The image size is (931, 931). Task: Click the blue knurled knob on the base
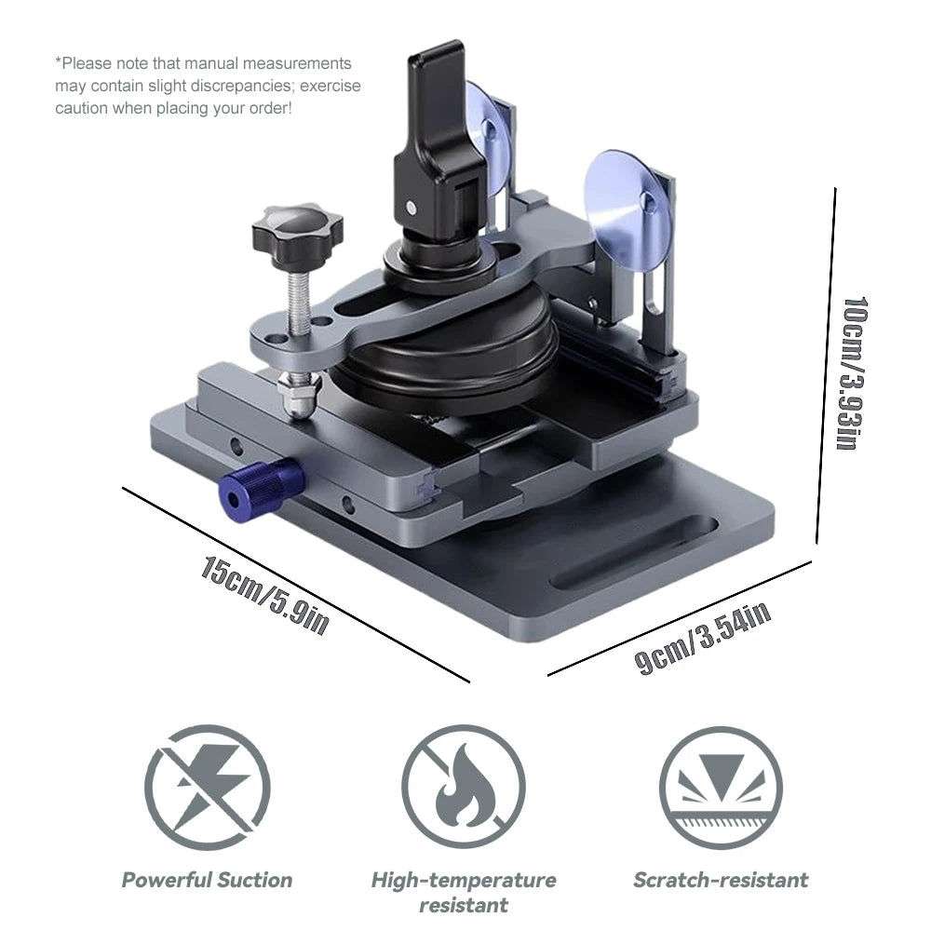coord(262,483)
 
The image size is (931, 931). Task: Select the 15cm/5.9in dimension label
coord(264,596)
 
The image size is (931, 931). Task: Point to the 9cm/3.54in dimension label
coord(702,639)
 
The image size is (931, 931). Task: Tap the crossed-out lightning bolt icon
coord(208,788)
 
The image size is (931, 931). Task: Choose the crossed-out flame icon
coord(463,788)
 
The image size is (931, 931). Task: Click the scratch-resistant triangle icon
coord(721,788)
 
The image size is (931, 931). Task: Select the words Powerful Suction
coord(208,880)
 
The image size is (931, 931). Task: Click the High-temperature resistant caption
coord(463,893)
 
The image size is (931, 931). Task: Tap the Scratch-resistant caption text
coord(721,880)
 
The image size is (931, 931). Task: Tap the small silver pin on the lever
coord(411,208)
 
